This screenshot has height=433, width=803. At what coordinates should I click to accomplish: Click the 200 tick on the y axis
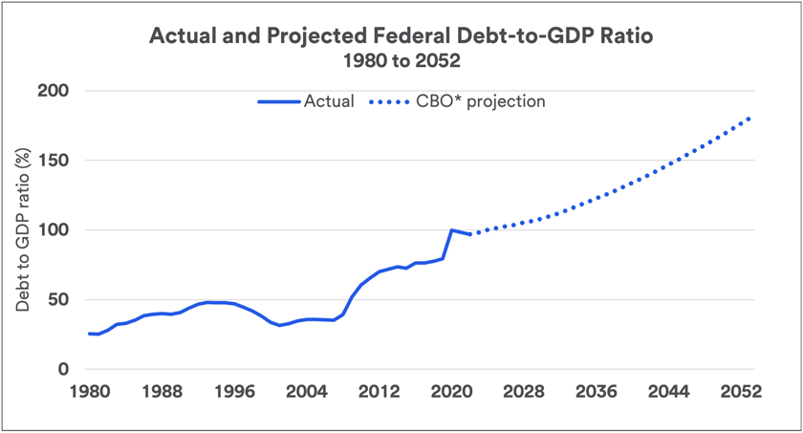click(x=54, y=92)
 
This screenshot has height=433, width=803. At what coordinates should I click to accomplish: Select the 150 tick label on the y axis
click(x=54, y=161)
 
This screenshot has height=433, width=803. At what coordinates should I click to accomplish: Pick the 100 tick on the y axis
click(x=54, y=230)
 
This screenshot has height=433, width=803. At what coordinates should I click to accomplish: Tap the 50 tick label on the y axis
click(x=58, y=300)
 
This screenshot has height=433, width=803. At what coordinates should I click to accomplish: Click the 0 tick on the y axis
click(x=63, y=370)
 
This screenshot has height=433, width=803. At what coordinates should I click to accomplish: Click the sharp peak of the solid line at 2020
click(x=452, y=230)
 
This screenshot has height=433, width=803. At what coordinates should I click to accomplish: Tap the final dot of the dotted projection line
click(x=749, y=119)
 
